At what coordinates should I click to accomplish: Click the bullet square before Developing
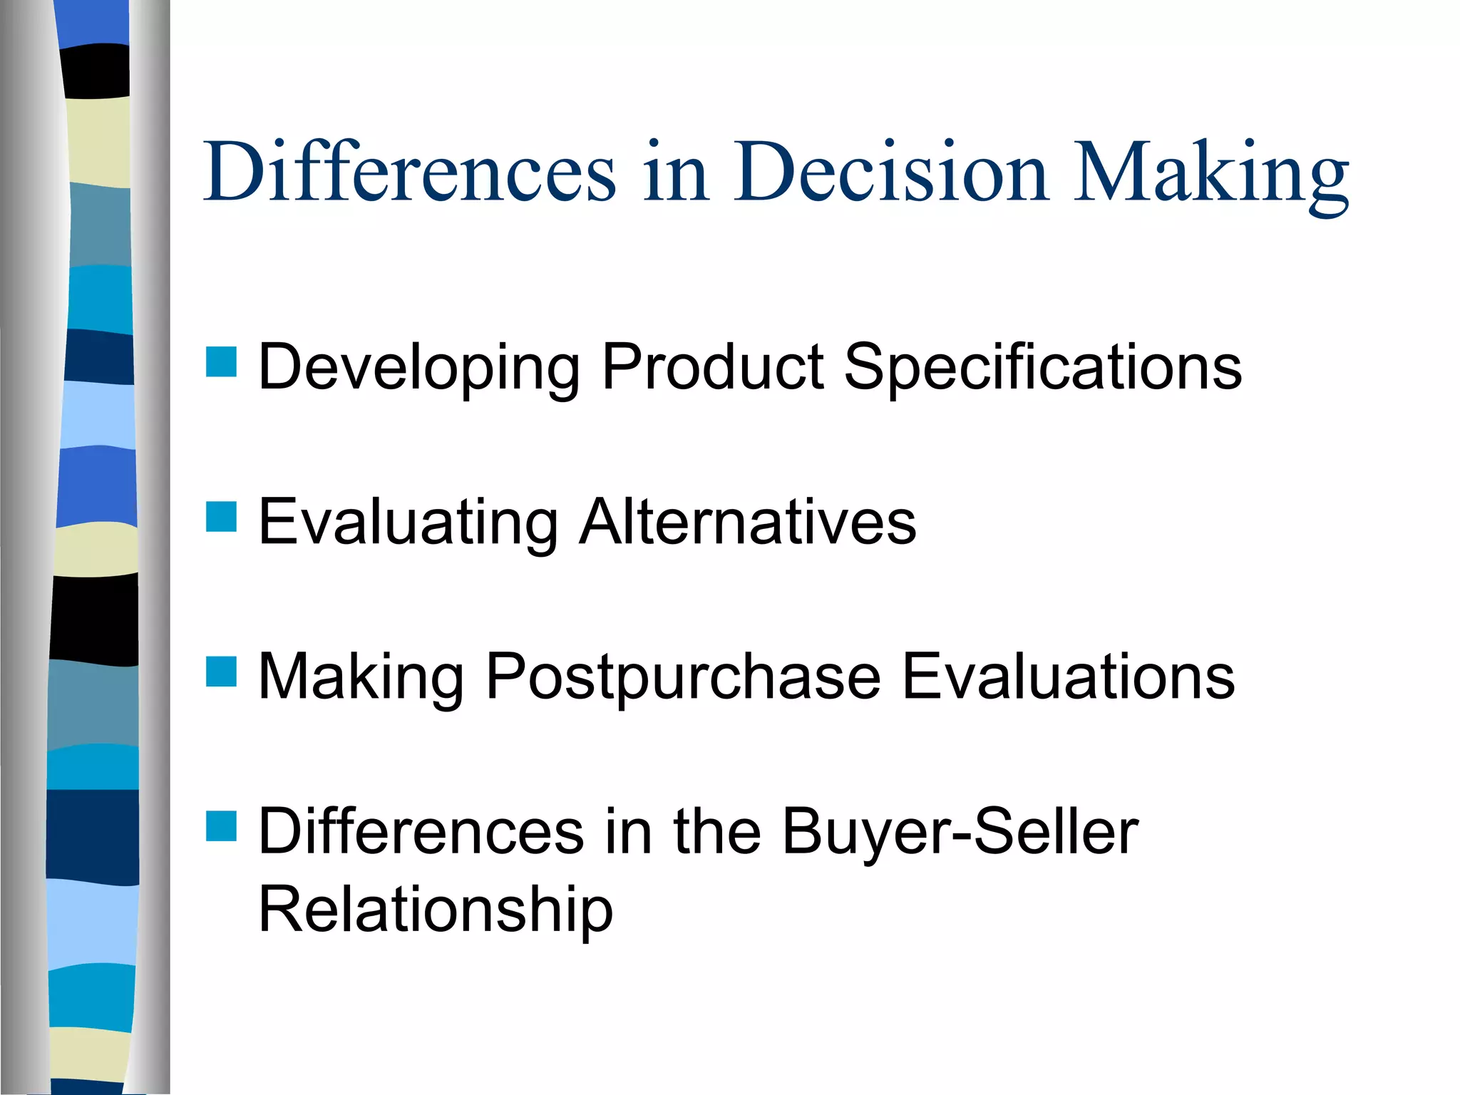pyautogui.click(x=221, y=362)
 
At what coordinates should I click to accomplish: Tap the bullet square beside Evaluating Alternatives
pyautogui.click(x=221, y=517)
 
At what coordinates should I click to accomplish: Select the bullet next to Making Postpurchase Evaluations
pyautogui.click(x=221, y=672)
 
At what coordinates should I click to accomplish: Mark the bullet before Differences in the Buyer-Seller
pyautogui.click(x=221, y=826)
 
